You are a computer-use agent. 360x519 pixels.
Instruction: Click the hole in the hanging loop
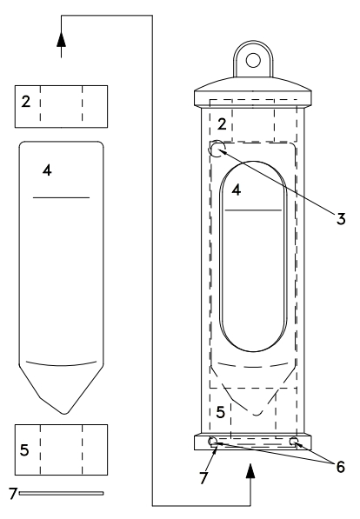[253, 60]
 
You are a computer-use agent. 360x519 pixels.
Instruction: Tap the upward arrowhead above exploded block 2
[61, 40]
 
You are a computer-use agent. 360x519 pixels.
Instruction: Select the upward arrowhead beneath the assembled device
[250, 471]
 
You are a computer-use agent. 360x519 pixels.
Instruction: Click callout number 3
[341, 219]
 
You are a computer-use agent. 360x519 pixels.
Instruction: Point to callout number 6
[341, 467]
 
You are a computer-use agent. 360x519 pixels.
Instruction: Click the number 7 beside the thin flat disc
[12, 493]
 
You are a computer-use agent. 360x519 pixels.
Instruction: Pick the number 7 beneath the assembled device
[203, 477]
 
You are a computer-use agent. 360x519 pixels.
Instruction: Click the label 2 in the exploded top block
[26, 102]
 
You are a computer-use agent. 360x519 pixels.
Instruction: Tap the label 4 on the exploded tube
[47, 170]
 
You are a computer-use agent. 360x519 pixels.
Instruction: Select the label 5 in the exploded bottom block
[24, 450]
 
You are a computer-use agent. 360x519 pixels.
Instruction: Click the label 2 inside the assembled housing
[222, 124]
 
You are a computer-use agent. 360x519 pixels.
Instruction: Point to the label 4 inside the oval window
[237, 190]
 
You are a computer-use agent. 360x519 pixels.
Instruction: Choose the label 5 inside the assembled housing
[221, 412]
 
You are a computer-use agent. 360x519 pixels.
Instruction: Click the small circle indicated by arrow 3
[217, 149]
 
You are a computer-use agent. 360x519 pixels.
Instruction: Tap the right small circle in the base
[294, 441]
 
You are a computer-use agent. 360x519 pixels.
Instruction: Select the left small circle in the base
[212, 441]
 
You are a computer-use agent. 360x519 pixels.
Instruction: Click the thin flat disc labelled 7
[61, 493]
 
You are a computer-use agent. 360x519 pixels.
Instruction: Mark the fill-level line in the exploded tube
[61, 197]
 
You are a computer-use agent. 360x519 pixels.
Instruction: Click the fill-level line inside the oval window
[253, 210]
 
